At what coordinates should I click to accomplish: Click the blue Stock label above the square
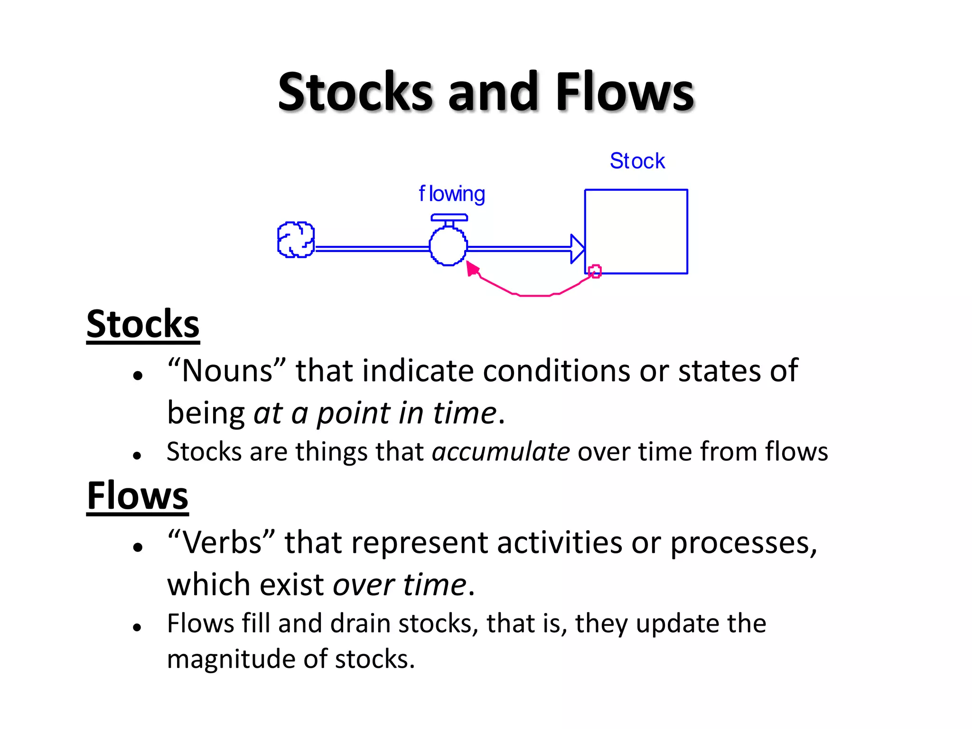[x=637, y=161]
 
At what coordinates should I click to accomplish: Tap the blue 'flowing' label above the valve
[x=451, y=194]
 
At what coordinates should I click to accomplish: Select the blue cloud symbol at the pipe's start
[x=296, y=240]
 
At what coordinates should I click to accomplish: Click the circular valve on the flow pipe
[x=448, y=246]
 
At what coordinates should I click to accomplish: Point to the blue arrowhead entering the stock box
[x=577, y=248]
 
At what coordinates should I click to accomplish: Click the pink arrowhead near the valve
[x=472, y=269]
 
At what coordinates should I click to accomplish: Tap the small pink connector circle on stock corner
[x=595, y=271]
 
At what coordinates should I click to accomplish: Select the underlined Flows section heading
[x=138, y=495]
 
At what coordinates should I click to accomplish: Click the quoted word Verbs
[x=222, y=542]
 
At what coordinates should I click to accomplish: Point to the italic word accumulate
[x=500, y=451]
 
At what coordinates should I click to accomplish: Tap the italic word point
[x=353, y=413]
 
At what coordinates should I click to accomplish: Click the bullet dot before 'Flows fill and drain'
[x=138, y=627]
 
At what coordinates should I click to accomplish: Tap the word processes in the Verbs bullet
[x=740, y=542]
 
